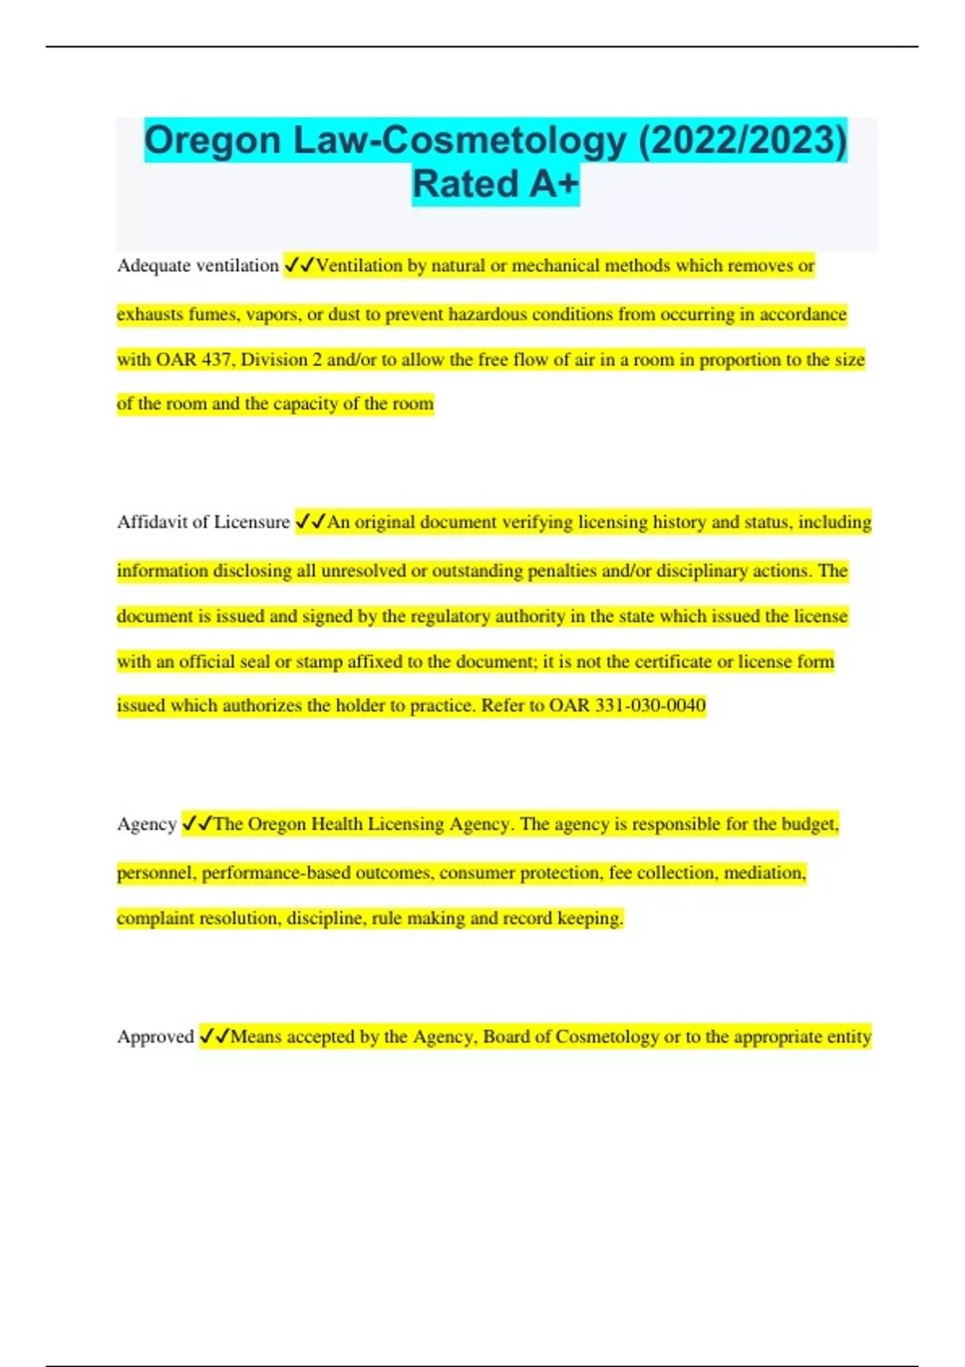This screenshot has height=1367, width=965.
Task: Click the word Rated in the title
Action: [x=464, y=184]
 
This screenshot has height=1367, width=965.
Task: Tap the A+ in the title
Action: [x=553, y=184]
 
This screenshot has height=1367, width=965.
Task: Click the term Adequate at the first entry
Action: [x=152, y=265]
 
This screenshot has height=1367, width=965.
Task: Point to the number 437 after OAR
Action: [x=216, y=359]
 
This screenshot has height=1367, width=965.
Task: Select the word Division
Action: [x=274, y=359]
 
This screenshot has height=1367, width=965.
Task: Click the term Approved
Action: [x=155, y=1037]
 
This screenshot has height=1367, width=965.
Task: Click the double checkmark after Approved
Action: [x=215, y=1037]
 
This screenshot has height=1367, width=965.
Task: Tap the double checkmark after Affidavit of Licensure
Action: [x=310, y=522]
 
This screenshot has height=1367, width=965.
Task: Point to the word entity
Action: [x=849, y=1037]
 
